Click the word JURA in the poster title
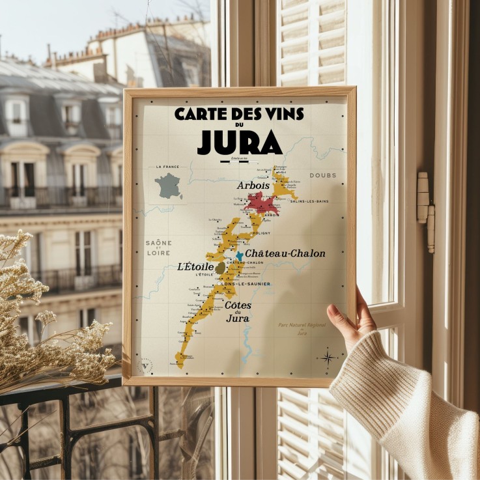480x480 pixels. coord(240,143)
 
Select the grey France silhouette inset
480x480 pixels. coord(169,186)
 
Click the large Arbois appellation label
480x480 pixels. coord(253,186)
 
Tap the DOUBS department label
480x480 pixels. coord(322,175)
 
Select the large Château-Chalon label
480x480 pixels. coord(285,253)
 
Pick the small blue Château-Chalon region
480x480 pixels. coord(239,255)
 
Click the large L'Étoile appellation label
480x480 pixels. coord(195,266)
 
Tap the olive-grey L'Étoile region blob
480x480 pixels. coord(221,268)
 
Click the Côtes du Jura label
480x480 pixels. coord(238,311)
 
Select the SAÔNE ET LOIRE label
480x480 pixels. coord(159,247)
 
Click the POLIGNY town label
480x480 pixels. coord(262,233)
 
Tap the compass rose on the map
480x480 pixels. coord(327,356)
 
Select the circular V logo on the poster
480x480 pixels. coord(146,364)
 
